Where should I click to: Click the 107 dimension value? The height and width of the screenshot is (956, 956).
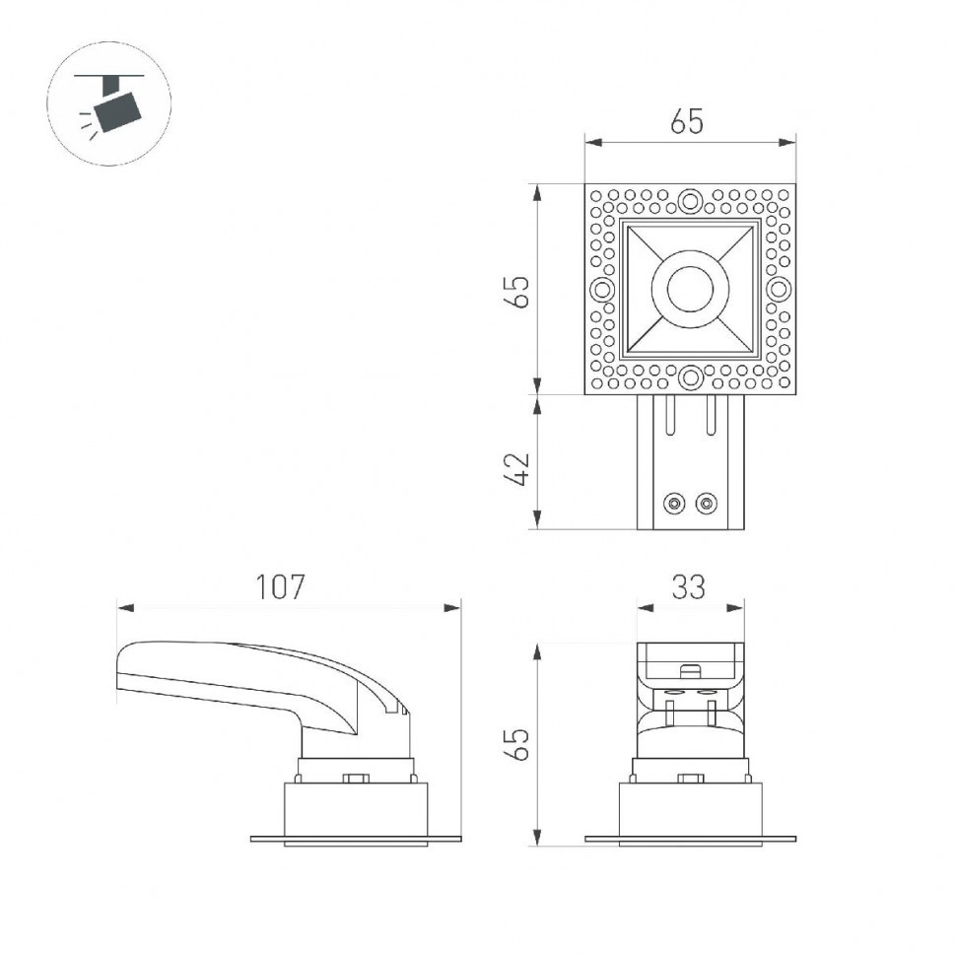(x=281, y=587)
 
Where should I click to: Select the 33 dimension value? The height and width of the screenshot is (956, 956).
(x=689, y=587)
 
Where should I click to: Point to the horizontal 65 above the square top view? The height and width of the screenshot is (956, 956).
(x=688, y=122)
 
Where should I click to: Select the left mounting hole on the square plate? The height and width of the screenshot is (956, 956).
(x=601, y=290)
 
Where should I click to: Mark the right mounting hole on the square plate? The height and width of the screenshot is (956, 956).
(x=778, y=290)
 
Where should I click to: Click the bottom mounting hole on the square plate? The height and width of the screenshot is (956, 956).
(x=690, y=376)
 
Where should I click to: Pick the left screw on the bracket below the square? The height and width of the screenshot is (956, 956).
(x=674, y=503)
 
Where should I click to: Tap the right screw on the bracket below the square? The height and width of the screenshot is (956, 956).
(x=705, y=503)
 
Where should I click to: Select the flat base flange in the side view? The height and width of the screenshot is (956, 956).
(x=356, y=840)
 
